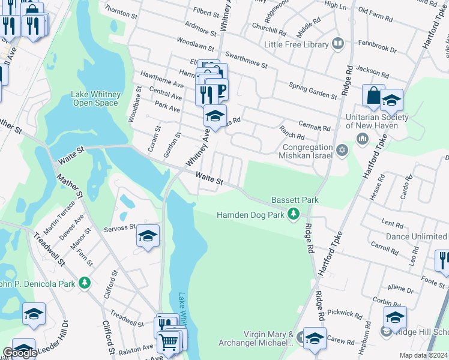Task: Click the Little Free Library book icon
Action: [338, 44]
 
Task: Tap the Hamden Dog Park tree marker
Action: [294, 214]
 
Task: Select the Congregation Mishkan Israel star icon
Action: [342, 150]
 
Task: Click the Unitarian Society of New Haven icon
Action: [362, 139]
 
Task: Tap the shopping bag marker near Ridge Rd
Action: [373, 96]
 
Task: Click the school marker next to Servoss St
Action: [148, 236]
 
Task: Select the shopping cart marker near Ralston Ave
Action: [169, 342]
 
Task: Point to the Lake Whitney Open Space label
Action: [96, 98]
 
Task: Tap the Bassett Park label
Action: [294, 199]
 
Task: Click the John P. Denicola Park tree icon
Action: [85, 282]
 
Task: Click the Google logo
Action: [20, 353]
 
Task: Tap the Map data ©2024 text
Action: [423, 355]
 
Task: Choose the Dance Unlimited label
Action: [417, 236]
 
